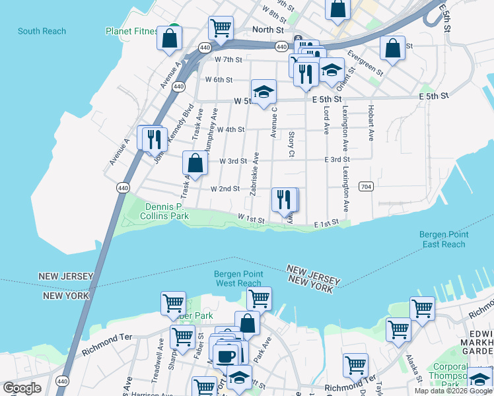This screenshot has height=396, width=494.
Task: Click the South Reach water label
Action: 42,31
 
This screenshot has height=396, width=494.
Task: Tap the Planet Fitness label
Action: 132,31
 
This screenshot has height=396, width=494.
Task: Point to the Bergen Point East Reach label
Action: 444,240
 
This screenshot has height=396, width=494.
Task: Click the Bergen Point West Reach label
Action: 238,279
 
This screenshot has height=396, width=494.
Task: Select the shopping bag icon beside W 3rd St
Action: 195,162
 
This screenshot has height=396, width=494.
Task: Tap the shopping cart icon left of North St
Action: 220,28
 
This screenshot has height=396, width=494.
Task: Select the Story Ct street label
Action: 291,145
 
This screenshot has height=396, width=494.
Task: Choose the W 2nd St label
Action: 225,189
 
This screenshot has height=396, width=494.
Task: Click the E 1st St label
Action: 326,224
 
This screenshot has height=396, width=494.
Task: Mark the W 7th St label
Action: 229,59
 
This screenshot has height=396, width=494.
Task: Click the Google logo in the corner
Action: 22,388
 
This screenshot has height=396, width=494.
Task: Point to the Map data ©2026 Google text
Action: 452,391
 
